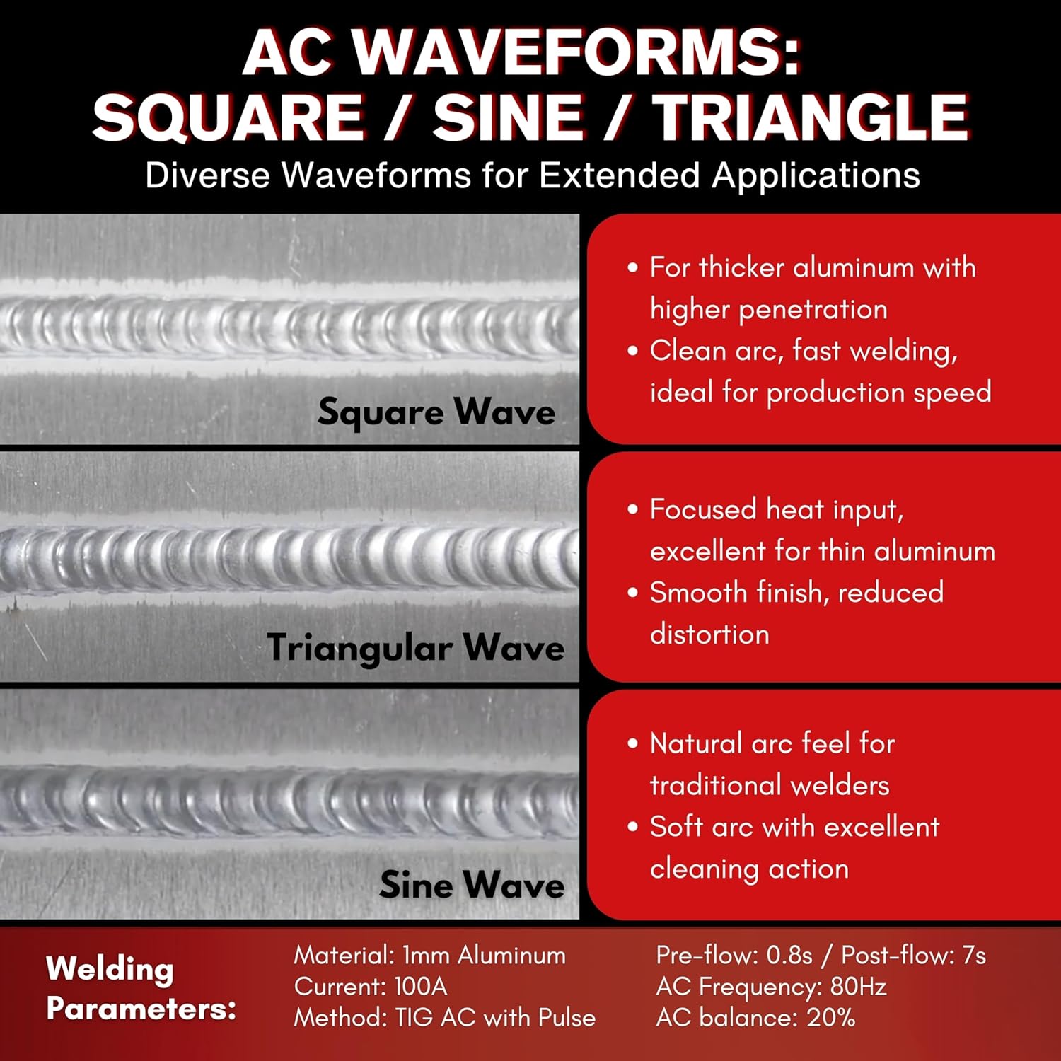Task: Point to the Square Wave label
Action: tap(436, 412)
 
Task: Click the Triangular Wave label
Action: tap(416, 648)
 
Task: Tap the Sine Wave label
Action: tap(472, 884)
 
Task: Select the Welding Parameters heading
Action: tap(141, 988)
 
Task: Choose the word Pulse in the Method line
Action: tap(567, 1017)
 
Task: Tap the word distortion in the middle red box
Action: tap(709, 634)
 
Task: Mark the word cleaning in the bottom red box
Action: tap(704, 869)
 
